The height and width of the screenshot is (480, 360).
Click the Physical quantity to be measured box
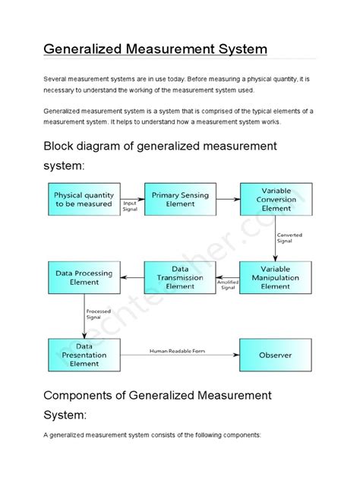(83, 200)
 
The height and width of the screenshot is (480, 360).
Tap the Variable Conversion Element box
(275, 200)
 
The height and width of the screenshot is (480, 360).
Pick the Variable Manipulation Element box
(275, 278)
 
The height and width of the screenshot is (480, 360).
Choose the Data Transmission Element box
(179, 278)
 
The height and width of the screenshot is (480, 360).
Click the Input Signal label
(131, 207)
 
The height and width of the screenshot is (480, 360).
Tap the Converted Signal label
(289, 238)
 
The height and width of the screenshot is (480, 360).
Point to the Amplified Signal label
(228, 284)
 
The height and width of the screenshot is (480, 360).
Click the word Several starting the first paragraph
(56, 79)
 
